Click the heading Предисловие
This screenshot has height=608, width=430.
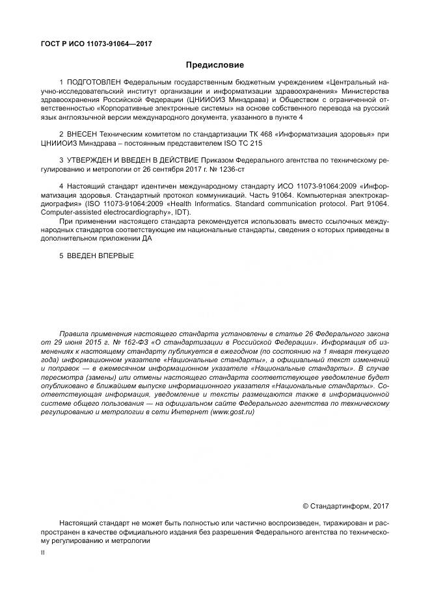pos(215,65)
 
